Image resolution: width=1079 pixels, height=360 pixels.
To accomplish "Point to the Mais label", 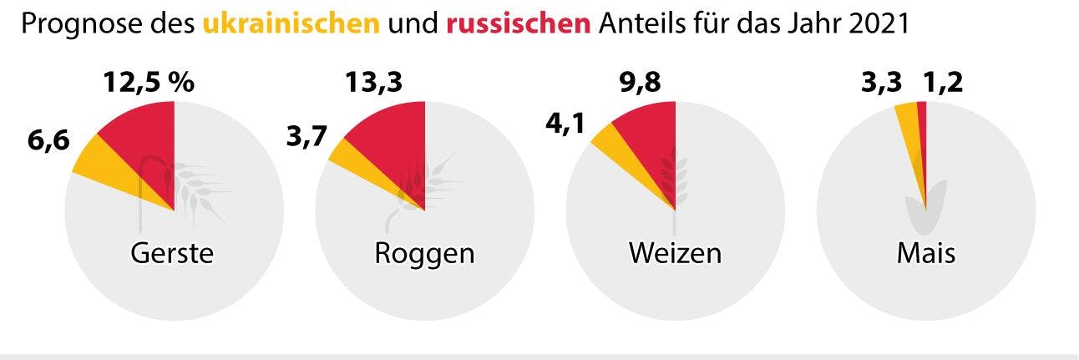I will [x=925, y=254].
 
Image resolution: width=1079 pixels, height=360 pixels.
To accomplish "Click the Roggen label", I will [x=424, y=254].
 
